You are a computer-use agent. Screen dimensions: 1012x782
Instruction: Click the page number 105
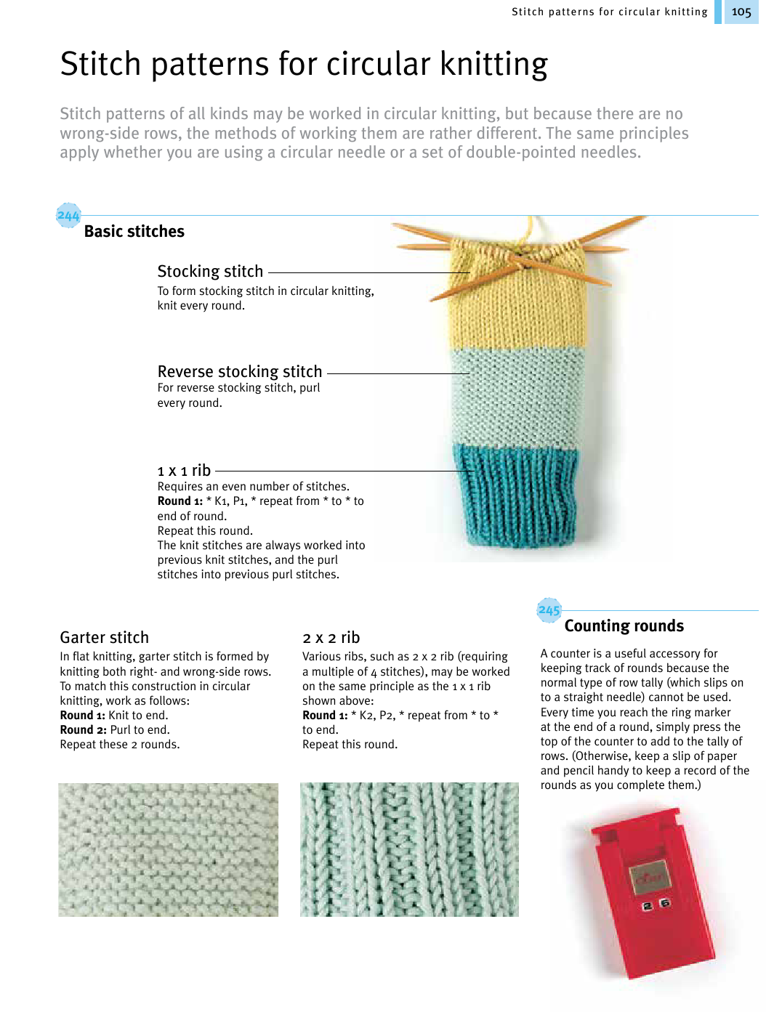(741, 12)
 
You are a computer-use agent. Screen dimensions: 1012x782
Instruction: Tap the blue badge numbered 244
(68, 216)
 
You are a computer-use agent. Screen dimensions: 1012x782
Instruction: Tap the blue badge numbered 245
(549, 610)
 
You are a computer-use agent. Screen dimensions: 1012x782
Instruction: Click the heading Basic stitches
(134, 232)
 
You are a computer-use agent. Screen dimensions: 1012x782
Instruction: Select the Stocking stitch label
(210, 272)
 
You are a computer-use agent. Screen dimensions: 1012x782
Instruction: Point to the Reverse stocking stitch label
(240, 372)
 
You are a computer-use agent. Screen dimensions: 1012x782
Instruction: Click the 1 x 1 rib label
(184, 471)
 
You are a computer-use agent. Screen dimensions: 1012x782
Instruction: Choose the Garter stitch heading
(104, 638)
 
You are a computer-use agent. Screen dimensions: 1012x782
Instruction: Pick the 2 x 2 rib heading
(331, 638)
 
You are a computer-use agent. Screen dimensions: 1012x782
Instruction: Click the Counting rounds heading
(624, 626)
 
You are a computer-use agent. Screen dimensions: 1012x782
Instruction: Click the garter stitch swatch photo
(168, 849)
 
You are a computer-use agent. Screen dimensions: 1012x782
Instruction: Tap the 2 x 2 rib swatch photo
(409, 849)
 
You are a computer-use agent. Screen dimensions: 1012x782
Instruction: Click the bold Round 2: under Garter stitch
(83, 730)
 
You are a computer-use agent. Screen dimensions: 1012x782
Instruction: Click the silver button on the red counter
(649, 875)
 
